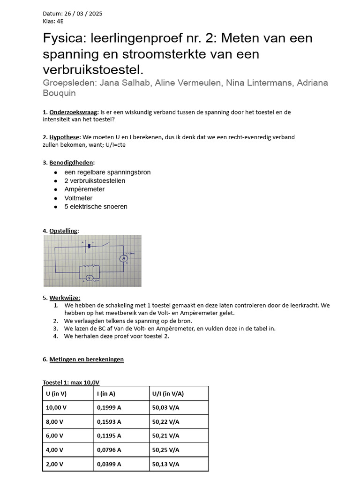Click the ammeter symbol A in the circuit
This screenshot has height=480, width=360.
click(x=124, y=258)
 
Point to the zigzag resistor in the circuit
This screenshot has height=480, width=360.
click(x=89, y=266)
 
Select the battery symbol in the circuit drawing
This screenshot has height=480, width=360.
click(x=89, y=245)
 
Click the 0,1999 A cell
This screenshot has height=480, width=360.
click(x=109, y=407)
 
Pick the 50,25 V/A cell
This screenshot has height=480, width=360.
click(x=165, y=450)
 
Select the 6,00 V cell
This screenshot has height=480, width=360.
click(x=55, y=435)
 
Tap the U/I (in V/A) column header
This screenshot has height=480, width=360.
click(x=168, y=393)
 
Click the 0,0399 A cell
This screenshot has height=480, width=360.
click(x=109, y=464)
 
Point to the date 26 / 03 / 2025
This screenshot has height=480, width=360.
click(x=80, y=14)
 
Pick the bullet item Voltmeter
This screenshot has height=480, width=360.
click(x=78, y=198)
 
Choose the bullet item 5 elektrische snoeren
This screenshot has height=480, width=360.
click(x=96, y=207)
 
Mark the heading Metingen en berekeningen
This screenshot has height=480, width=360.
click(x=86, y=359)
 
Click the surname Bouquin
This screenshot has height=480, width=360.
click(x=59, y=93)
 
